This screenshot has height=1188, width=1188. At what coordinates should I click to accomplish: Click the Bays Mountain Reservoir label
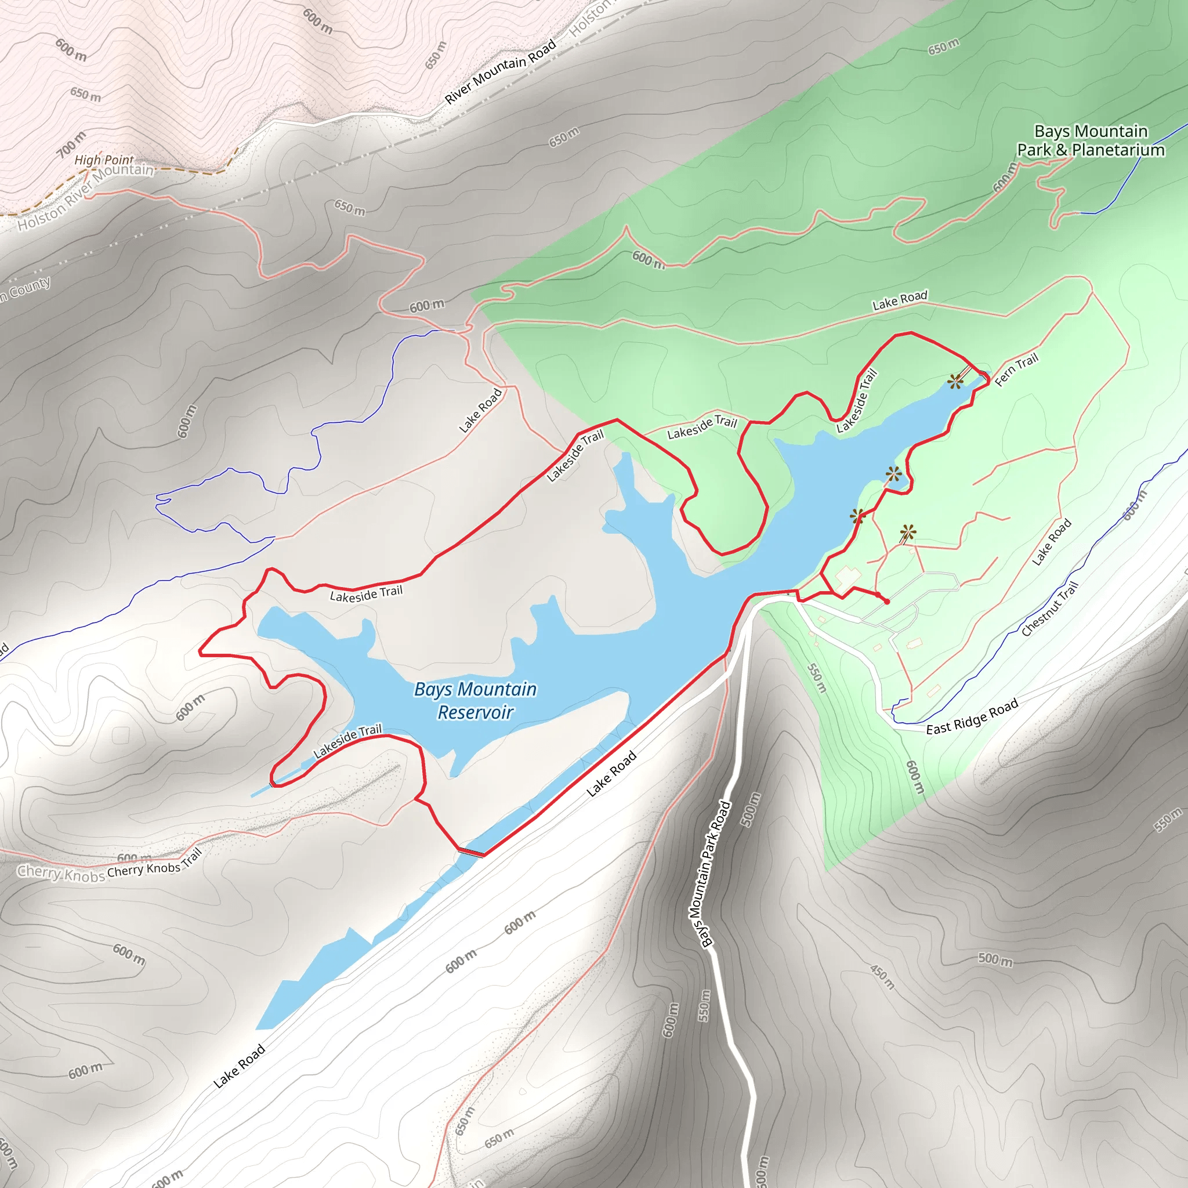(475, 700)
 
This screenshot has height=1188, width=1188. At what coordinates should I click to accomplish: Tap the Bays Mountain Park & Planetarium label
(1090, 141)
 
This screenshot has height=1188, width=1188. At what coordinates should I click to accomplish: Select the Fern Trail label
(1016, 370)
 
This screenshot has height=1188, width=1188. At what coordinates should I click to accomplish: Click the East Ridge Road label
(972, 716)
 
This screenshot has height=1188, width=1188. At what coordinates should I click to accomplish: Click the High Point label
(104, 160)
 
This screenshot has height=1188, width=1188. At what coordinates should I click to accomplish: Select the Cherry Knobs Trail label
(154, 863)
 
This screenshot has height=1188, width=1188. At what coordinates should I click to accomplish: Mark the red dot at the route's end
(886, 602)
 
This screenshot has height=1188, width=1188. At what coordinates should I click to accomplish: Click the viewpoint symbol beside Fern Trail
(955, 382)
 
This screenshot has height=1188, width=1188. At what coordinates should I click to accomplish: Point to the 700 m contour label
(72, 144)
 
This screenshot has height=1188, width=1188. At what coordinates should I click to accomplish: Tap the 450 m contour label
(882, 976)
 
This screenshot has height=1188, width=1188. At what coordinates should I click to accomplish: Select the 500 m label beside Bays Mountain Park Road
(751, 809)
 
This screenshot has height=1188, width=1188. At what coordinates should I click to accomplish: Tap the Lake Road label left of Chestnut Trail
(1052, 542)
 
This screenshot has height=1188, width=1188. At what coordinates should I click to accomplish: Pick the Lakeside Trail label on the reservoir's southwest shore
(347, 741)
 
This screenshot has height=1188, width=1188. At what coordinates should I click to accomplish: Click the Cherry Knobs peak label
(61, 874)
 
